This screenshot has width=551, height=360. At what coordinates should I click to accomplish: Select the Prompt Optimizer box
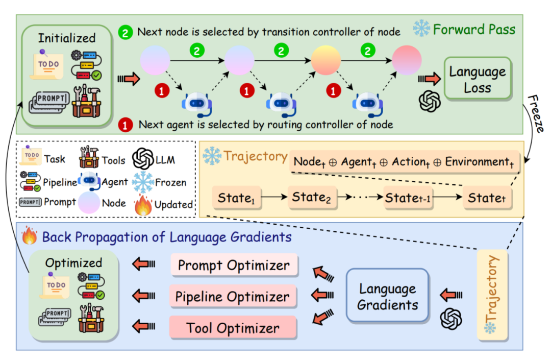coord(234,265)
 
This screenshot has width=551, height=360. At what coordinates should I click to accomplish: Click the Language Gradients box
coord(388,296)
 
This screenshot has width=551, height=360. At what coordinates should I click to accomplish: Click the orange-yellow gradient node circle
coord(326,60)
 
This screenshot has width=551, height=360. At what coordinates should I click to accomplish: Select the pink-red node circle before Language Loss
coord(407,60)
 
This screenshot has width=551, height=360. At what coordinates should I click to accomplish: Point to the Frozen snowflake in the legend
coord(143,181)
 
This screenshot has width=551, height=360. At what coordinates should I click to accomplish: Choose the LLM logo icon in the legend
coord(143,159)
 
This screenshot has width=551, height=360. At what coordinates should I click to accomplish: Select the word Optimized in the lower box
coord(73,263)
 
